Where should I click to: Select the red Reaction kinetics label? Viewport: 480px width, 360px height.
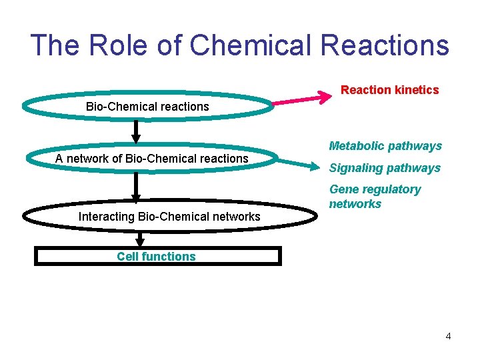click(x=390, y=90)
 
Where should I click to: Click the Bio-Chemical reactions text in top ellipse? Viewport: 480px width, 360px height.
click(x=147, y=107)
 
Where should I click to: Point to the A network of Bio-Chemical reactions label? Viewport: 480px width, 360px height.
click(x=152, y=158)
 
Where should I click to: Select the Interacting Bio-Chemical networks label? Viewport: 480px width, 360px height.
click(x=169, y=216)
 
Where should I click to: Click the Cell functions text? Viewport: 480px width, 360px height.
click(x=157, y=257)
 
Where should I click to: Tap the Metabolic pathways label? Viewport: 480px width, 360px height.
click(x=385, y=146)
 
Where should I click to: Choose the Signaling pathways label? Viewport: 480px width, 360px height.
click(x=385, y=168)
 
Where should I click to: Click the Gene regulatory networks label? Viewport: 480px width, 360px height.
click(x=375, y=197)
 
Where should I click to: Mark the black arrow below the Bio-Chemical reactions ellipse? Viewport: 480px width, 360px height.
click(x=136, y=131)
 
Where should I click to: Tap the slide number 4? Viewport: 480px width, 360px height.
click(x=448, y=336)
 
